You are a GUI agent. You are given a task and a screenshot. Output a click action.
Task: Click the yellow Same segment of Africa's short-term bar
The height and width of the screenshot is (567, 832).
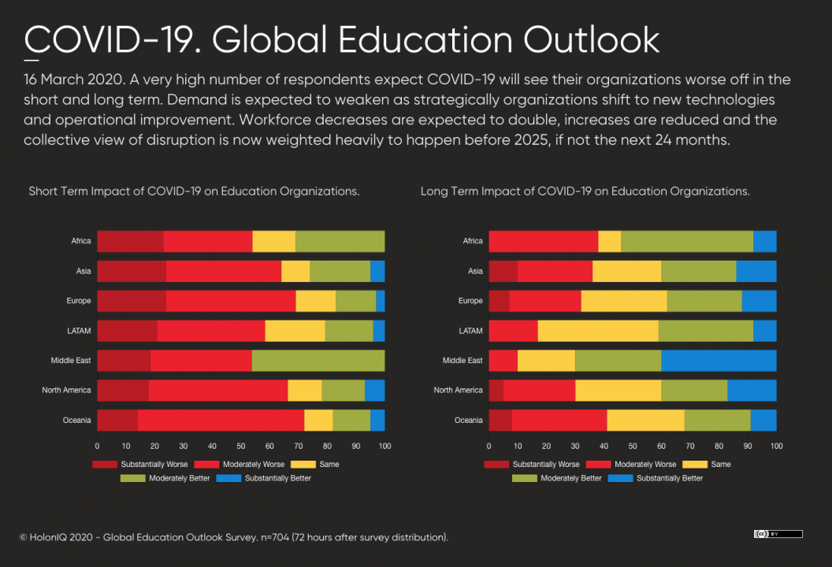pyautogui.click(x=273, y=241)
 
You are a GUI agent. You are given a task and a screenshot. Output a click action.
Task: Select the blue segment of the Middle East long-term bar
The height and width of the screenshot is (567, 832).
pyautogui.click(x=719, y=361)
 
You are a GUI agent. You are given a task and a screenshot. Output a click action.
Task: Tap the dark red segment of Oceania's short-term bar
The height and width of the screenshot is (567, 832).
pyautogui.click(x=117, y=421)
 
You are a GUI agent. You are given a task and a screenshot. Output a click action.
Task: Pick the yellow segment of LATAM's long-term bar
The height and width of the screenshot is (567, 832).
pyautogui.click(x=598, y=331)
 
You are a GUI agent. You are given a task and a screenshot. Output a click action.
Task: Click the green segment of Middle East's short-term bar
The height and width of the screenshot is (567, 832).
pyautogui.click(x=318, y=361)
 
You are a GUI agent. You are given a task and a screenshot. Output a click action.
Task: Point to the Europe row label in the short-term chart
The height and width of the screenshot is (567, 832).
pyautogui.click(x=79, y=301)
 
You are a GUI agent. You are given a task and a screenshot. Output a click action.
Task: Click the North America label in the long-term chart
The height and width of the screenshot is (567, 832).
pyautogui.click(x=458, y=391)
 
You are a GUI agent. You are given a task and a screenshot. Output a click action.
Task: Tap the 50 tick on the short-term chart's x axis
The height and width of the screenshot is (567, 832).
pyautogui.click(x=241, y=446)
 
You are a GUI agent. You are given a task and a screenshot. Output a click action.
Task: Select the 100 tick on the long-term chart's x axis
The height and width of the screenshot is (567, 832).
pyautogui.click(x=776, y=446)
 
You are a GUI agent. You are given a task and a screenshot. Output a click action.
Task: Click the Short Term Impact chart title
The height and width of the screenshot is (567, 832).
pyautogui.click(x=194, y=191)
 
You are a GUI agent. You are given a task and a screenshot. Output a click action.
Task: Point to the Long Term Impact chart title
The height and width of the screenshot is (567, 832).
pyautogui.click(x=585, y=191)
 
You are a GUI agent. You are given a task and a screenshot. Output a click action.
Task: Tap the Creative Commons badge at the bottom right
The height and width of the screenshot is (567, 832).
pyautogui.click(x=778, y=534)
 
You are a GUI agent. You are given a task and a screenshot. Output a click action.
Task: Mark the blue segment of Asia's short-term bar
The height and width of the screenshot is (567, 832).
pyautogui.click(x=377, y=271)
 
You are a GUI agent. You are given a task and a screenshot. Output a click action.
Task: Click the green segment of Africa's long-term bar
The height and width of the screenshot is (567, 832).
pyautogui.click(x=687, y=241)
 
